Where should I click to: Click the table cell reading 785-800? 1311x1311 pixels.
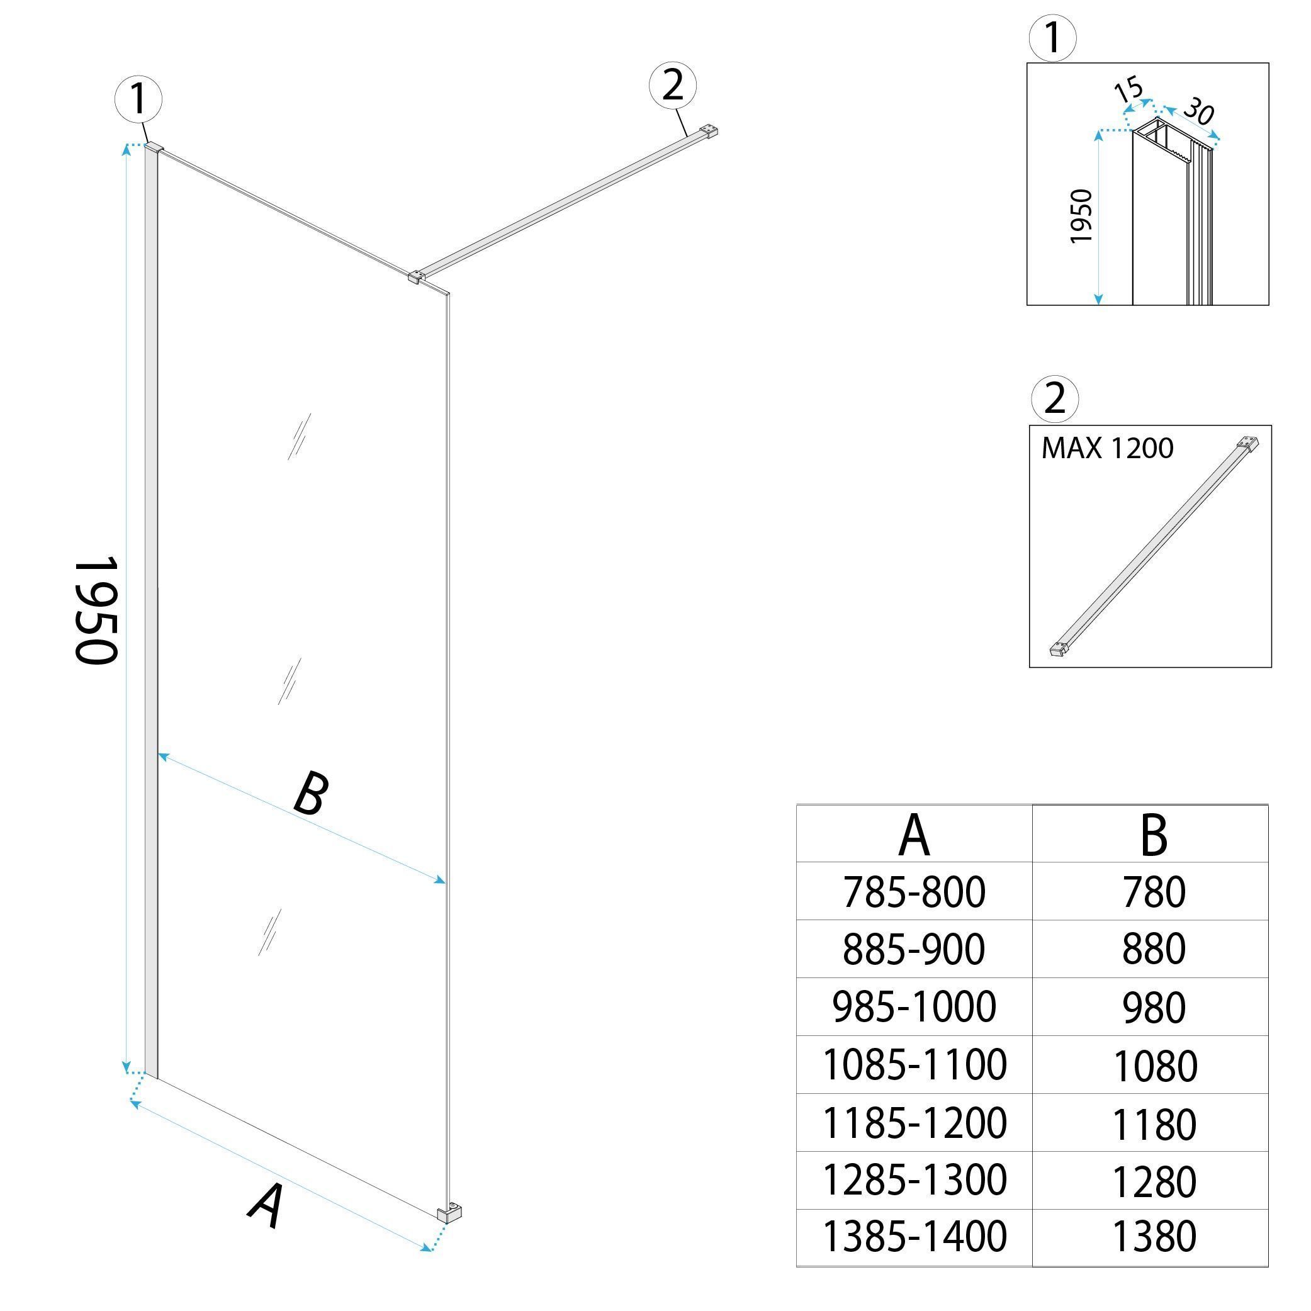tap(913, 892)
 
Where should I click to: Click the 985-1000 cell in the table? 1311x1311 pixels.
tap(913, 1007)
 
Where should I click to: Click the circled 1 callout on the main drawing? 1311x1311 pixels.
tap(138, 99)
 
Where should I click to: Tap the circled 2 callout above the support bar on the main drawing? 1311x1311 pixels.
tap(672, 86)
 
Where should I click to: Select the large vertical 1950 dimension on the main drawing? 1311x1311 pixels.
tap(96, 610)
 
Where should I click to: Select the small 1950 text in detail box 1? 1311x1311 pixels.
tap(1080, 217)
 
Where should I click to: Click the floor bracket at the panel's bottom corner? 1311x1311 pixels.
tap(450, 1213)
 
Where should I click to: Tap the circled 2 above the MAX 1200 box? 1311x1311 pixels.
tap(1054, 398)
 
